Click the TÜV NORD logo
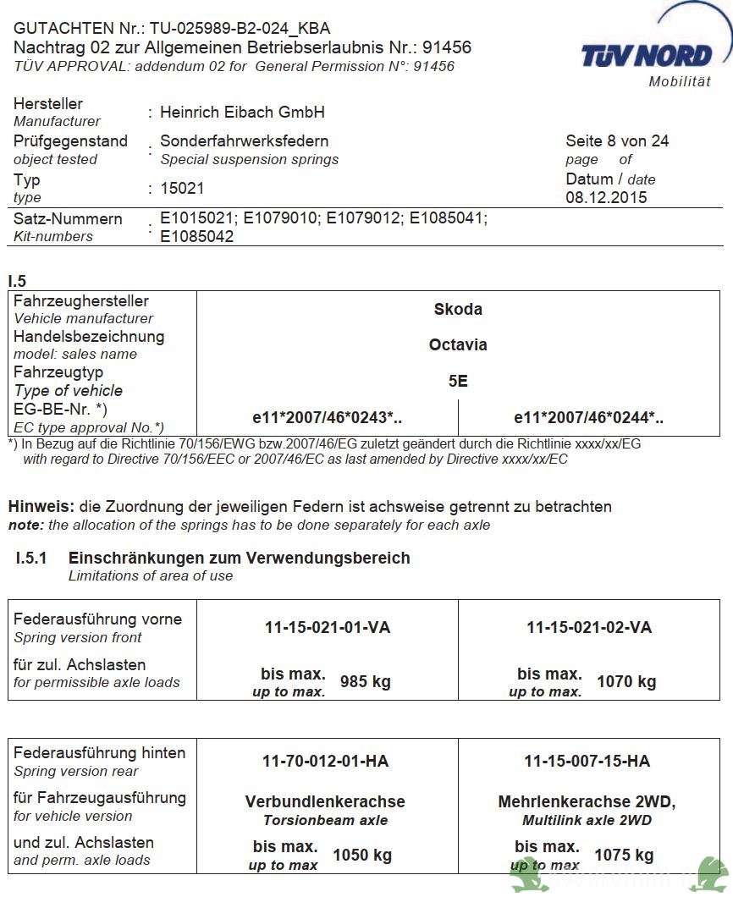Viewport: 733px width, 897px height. tap(647, 56)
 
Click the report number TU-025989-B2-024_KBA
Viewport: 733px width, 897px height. tap(241, 29)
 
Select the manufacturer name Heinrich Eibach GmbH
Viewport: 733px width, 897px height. tap(242, 113)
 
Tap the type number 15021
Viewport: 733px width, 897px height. tap(182, 188)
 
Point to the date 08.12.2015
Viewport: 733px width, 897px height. tap(606, 198)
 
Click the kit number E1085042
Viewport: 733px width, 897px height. tap(197, 236)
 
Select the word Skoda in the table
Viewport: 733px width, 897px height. tap(458, 310)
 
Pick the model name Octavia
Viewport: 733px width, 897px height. tap(458, 345)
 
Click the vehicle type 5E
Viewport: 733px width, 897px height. tap(458, 382)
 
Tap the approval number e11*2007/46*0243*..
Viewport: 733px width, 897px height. tap(328, 418)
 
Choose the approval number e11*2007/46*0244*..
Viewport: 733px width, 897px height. tap(589, 418)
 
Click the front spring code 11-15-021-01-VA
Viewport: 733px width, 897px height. tap(328, 628)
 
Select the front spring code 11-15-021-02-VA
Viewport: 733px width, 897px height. tap(589, 628)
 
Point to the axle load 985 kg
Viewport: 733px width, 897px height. tap(365, 682)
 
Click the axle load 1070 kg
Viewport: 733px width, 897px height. tap(626, 682)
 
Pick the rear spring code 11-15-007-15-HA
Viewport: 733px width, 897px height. tap(587, 762)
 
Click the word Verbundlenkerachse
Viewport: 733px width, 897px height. tap(325, 801)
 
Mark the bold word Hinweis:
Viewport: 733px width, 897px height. tap(41, 507)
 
